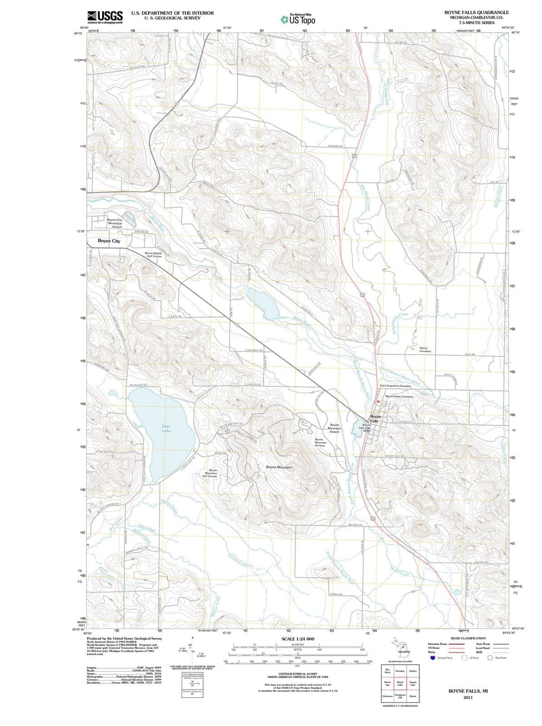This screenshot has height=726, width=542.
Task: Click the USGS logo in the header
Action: pos(105,17)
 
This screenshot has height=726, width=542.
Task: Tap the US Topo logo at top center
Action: pos(298,19)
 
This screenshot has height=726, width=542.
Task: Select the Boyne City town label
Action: pos(109,241)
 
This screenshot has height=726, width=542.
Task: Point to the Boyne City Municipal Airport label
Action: pos(114,224)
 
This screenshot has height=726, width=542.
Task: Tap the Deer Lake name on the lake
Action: pos(166,429)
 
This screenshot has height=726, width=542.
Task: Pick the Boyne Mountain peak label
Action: pos(279,467)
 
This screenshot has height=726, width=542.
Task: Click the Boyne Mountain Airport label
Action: pos(334,428)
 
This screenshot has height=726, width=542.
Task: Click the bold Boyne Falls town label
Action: pos(376,419)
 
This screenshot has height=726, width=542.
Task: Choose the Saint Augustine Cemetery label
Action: pos(395,386)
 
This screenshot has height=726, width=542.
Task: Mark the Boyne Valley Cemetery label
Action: pos(399,397)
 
